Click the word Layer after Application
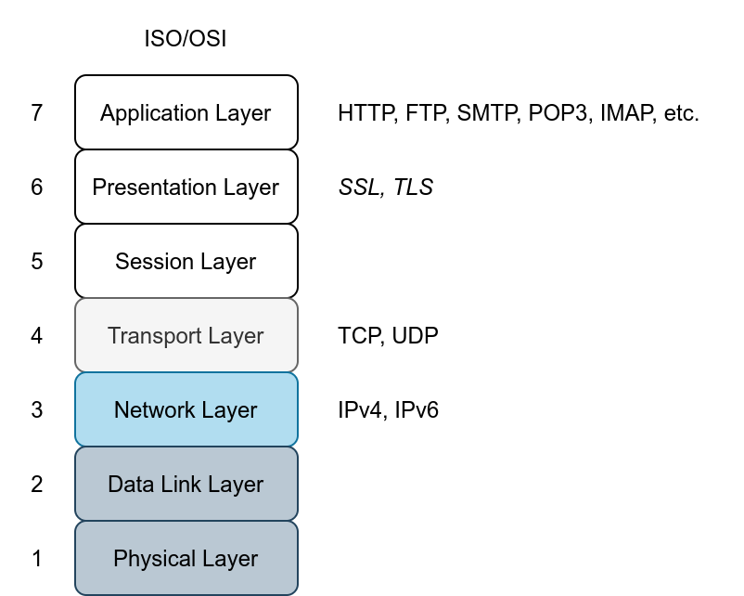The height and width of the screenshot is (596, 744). (243, 113)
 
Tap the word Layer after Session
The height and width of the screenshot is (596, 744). (226, 262)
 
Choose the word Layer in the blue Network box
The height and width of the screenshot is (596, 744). (228, 410)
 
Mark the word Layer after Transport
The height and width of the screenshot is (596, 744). (235, 336)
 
